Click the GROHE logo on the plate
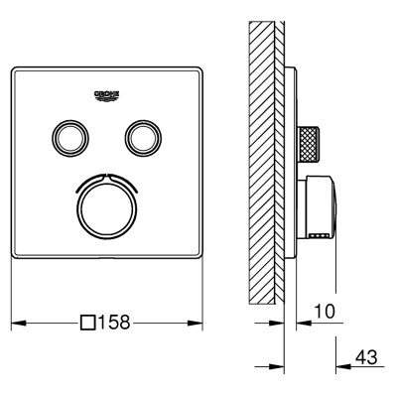coord(107,95)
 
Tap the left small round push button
coord(70,138)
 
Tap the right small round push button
coord(144,138)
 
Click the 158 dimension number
coord(113,322)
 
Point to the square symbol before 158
coord(88,323)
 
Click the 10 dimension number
coord(325,312)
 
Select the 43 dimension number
coord(366,357)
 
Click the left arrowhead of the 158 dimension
coord(19,323)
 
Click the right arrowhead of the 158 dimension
coord(196,323)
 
